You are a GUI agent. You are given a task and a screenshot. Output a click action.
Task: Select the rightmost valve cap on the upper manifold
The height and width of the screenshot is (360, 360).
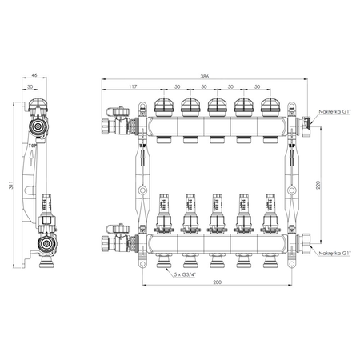tap(270, 106)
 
